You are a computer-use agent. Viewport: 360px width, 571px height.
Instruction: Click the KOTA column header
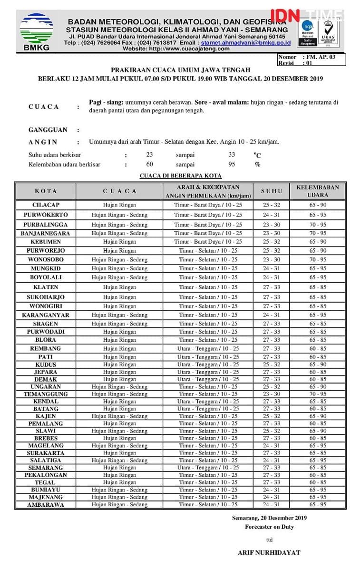[46, 191]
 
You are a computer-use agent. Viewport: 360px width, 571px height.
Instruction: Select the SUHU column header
[272, 191]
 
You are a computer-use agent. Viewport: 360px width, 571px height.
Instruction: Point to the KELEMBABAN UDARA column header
[318, 191]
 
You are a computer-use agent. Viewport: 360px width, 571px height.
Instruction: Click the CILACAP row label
[46, 205]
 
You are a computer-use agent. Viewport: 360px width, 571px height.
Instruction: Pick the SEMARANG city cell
[46, 468]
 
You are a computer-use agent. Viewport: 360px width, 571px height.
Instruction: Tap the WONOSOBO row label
[46, 260]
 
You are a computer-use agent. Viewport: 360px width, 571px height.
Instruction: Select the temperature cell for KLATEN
[272, 287]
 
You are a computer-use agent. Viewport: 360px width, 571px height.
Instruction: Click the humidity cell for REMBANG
[318, 349]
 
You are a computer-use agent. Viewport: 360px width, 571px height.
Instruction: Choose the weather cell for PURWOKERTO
[119, 215]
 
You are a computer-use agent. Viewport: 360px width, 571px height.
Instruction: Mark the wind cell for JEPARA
[208, 372]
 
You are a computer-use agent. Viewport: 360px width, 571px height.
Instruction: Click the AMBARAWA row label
[46, 505]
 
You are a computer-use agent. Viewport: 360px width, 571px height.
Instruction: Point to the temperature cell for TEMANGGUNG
[272, 394]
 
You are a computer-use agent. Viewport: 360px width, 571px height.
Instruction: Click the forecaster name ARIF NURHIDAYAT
[269, 553]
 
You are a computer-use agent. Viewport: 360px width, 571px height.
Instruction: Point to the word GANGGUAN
[48, 130]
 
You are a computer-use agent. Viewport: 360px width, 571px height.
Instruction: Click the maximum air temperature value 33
[232, 155]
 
